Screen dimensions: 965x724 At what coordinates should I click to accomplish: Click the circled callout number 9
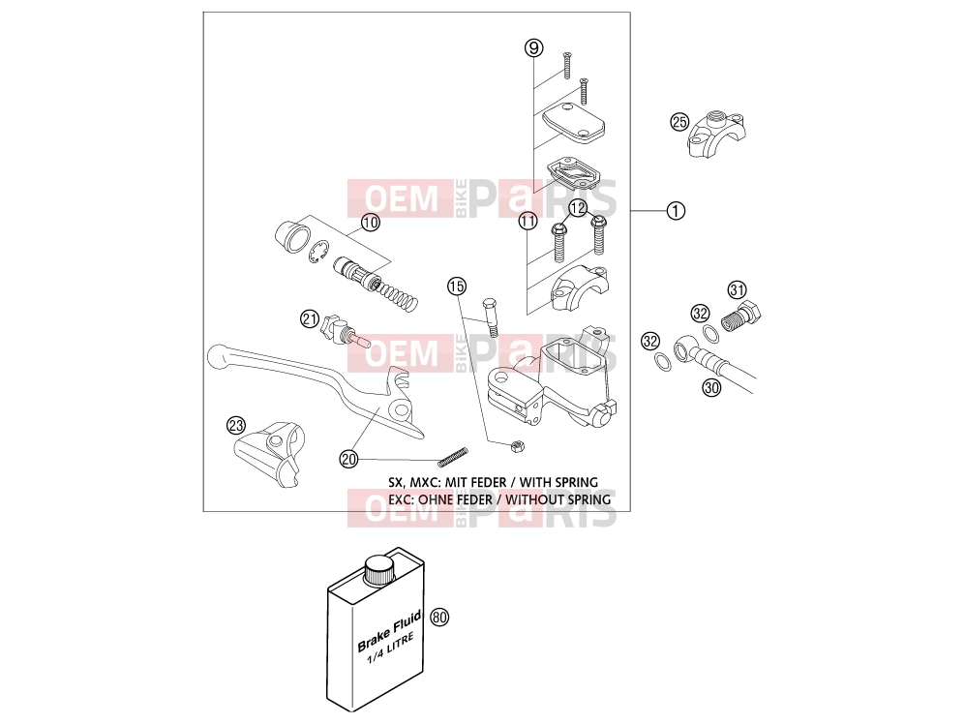(x=533, y=47)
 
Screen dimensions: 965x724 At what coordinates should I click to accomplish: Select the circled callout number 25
(x=679, y=122)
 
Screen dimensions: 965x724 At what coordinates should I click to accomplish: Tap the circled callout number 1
(x=676, y=211)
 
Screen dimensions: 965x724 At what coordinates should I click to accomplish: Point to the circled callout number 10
(x=370, y=223)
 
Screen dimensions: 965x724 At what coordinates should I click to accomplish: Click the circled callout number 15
(x=457, y=286)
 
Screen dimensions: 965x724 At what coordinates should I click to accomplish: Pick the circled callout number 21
(x=310, y=318)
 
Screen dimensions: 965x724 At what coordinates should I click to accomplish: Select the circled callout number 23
(x=236, y=425)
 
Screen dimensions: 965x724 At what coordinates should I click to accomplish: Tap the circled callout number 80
(x=439, y=617)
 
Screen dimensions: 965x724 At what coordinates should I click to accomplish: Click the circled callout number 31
(x=738, y=289)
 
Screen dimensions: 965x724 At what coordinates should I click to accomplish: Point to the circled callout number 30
(x=711, y=387)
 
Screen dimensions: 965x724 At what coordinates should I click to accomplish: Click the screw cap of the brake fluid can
(x=378, y=570)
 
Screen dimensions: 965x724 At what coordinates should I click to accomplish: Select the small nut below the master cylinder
(x=517, y=445)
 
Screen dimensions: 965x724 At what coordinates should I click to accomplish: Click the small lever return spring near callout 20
(x=453, y=456)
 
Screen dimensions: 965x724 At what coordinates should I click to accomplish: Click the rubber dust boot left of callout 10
(x=291, y=237)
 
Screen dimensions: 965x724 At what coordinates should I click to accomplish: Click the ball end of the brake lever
(x=219, y=355)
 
